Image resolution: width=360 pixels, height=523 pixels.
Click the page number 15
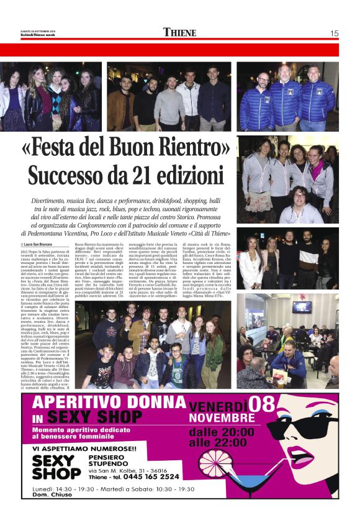[334, 33]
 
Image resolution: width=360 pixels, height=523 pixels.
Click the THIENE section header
[179, 32]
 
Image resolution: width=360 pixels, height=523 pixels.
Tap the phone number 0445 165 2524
[148, 476]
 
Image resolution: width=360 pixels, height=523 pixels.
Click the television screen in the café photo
[301, 307]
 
